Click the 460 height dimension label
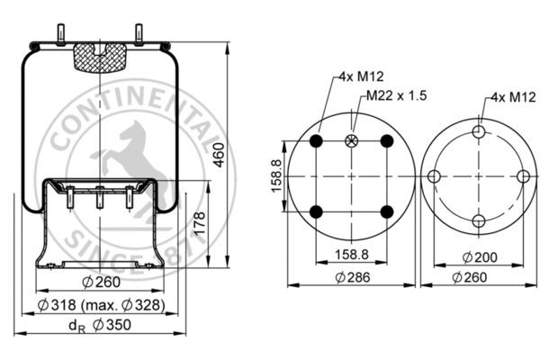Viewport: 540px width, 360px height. pos(219,155)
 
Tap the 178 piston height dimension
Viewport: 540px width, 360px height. pos(200,224)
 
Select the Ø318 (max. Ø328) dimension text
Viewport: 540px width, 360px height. pos(101,305)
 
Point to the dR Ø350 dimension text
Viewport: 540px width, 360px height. pos(100,325)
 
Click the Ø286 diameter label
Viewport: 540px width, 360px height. pos(353,277)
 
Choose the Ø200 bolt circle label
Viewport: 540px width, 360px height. pos(480,257)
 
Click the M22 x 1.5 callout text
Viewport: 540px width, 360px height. pos(396,95)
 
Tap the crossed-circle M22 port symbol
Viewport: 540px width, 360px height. pos(352,140)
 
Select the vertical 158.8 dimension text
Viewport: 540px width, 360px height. pos(276,176)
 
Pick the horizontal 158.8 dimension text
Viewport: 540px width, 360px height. pos(352,255)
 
